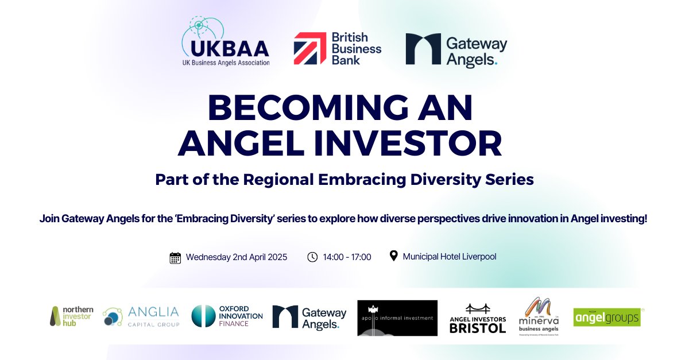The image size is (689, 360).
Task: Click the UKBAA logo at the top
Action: (x=226, y=42)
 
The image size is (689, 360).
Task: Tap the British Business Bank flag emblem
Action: (x=310, y=48)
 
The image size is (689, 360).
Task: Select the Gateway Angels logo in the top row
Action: (x=456, y=49)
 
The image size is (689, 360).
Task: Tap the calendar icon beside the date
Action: (x=175, y=257)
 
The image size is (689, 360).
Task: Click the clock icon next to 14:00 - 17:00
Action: (x=312, y=257)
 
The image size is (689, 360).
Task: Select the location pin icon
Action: (x=393, y=256)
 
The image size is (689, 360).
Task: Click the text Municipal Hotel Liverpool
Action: (x=450, y=257)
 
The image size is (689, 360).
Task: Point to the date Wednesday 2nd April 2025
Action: (x=236, y=257)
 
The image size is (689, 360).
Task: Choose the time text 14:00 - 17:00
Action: (x=347, y=257)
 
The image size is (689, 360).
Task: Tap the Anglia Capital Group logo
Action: (x=141, y=316)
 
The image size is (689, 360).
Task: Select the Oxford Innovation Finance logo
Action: (x=227, y=316)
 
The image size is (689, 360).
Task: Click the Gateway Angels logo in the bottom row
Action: (x=309, y=317)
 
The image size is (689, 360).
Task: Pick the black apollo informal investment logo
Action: (x=397, y=318)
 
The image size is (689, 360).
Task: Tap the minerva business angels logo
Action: (x=538, y=316)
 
